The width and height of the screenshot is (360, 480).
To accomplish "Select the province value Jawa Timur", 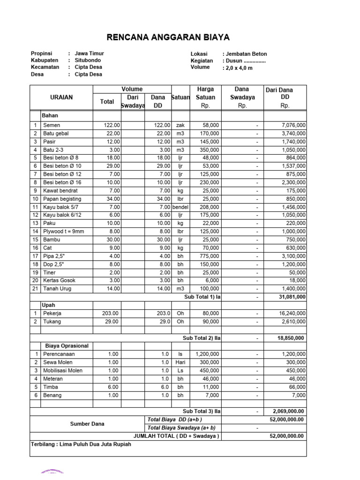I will click(90, 54).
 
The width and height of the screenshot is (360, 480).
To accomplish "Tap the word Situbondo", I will click(88, 60).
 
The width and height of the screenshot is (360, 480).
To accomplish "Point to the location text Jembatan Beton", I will click(246, 54).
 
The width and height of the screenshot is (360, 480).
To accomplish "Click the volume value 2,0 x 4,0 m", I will click(239, 67).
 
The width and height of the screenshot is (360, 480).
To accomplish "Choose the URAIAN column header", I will click(61, 97).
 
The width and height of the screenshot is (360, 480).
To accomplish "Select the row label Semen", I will click(52, 125).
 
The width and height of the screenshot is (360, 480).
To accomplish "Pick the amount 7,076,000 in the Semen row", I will click(294, 125).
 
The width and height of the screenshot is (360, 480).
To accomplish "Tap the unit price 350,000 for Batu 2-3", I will click(208, 150).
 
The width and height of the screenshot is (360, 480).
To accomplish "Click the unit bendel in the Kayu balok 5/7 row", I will click(180, 207).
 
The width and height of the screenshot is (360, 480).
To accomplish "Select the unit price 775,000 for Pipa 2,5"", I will click(208, 256).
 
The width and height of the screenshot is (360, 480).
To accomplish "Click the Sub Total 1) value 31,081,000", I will click(292, 297).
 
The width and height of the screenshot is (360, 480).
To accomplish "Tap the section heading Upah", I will click(49, 305).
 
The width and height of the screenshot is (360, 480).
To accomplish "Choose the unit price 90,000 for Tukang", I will click(209, 321).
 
